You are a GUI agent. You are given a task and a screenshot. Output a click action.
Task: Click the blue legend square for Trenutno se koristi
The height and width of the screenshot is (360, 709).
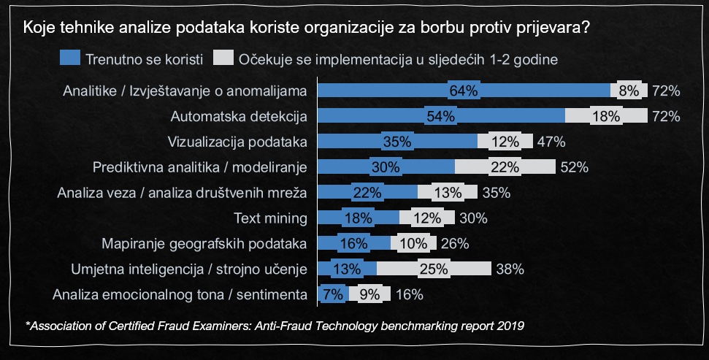(x=71, y=58)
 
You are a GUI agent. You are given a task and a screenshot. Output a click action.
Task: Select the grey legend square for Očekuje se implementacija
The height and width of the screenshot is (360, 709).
(x=223, y=58)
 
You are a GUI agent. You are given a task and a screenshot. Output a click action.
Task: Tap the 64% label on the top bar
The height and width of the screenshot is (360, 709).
(x=464, y=91)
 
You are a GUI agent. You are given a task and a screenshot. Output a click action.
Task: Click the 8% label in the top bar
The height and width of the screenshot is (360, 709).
(x=629, y=91)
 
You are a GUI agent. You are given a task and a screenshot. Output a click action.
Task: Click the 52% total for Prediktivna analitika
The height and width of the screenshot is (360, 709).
(x=574, y=167)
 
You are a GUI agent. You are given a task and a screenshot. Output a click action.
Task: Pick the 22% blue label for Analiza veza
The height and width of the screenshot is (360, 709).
(x=367, y=193)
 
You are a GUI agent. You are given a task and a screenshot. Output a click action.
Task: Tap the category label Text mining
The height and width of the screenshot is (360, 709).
(x=271, y=218)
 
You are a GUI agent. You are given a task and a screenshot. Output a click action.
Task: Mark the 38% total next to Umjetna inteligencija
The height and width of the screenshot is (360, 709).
(x=510, y=269)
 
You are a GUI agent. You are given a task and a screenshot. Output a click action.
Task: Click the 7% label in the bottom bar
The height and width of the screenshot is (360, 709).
(x=332, y=294)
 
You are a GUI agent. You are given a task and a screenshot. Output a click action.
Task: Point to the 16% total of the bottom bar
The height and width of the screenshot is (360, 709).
(x=408, y=294)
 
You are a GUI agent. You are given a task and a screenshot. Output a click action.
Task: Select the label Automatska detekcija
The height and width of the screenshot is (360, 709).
(x=238, y=116)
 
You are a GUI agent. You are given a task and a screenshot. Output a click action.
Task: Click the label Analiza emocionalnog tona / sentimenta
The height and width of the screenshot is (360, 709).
(x=179, y=294)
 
